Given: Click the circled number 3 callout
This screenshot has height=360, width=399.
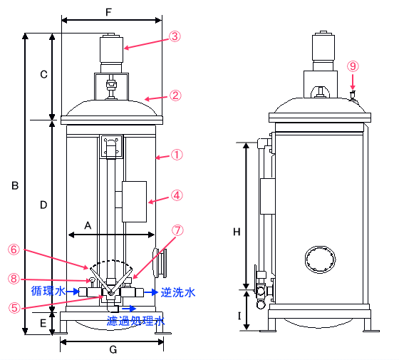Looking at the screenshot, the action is click(175, 36).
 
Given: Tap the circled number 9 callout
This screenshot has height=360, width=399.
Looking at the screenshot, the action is click(353, 66).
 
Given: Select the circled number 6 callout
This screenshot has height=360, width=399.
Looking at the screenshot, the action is click(14, 250).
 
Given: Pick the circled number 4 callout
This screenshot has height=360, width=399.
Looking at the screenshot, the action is click(177, 195).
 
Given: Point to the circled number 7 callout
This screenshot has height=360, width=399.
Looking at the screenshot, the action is click(177, 230).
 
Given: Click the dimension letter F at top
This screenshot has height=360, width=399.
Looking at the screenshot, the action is click(108, 12).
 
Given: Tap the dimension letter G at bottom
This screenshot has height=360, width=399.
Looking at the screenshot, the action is click(113, 350).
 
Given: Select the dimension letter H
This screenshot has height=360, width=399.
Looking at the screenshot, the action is click(237, 232).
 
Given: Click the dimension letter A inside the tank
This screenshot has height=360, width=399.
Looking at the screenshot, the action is click(88, 225).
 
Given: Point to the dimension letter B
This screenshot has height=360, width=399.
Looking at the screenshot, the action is click(15, 185).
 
